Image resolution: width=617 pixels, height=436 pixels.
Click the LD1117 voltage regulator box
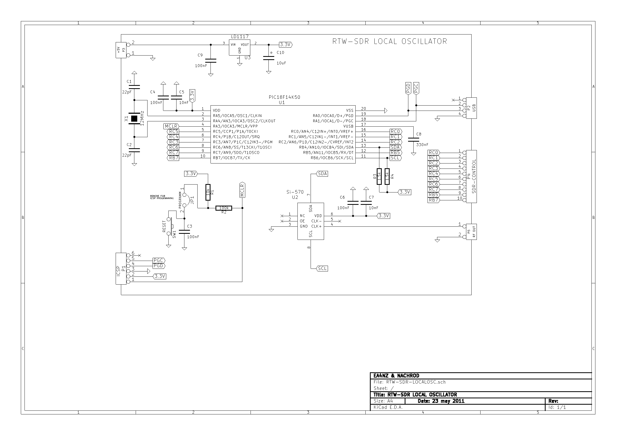tap(239, 48)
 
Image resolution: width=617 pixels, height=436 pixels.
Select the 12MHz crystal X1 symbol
tap(134, 118)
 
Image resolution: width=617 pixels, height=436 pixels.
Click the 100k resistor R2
tap(224, 208)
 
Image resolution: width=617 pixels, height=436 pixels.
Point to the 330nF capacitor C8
tap(413, 140)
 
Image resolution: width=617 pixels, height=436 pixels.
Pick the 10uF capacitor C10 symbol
tap(268, 58)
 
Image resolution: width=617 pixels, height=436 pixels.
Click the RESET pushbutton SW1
tap(170, 227)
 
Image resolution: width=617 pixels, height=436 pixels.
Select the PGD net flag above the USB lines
tap(408, 88)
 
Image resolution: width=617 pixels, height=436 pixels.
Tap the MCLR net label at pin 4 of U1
tap(171, 126)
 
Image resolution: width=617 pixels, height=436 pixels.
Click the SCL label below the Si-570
tap(322, 268)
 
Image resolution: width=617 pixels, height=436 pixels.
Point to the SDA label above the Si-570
tap(322, 174)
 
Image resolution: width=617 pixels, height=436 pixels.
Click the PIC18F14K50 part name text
tap(284, 97)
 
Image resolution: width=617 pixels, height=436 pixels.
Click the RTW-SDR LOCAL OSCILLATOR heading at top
tap(390, 41)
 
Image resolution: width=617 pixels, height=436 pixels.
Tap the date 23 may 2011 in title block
tap(441, 401)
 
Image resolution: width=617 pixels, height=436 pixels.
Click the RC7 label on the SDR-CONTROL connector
tap(433, 189)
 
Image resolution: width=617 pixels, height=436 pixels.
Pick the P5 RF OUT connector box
tap(471, 232)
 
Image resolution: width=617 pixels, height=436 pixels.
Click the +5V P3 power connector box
tap(121, 50)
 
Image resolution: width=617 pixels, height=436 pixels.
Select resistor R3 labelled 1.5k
tap(379, 176)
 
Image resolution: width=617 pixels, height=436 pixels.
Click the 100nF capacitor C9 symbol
tap(211, 61)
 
